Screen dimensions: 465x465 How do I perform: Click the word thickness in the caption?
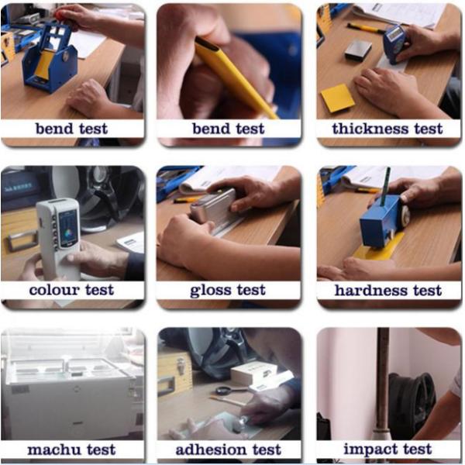coord(370,129)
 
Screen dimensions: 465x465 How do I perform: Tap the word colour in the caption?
coord(54,290)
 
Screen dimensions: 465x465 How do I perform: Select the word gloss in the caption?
coord(210,291)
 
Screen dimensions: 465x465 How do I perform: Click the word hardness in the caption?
coord(371,291)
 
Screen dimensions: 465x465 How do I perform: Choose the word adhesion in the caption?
coord(211,449)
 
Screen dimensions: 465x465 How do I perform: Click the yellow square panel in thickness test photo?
coord(337,98)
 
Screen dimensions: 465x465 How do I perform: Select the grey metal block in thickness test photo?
coord(358,50)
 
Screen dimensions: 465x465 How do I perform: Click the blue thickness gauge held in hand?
coord(394,43)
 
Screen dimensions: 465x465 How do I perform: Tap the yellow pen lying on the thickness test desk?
coord(366,28)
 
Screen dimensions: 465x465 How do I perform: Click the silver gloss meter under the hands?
coord(215,207)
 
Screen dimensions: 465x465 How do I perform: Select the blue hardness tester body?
coord(381,222)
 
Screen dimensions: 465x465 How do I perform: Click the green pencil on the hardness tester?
coord(385,186)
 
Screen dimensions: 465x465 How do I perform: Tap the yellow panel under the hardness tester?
coord(377,248)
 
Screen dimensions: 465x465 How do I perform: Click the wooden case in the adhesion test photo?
coord(175,374)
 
